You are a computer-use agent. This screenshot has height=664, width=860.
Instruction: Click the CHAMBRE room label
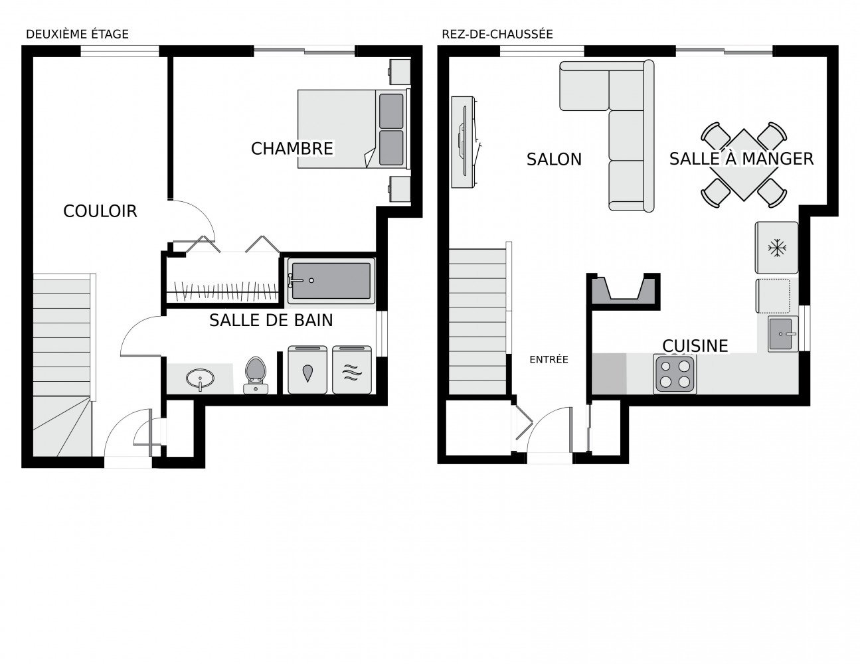[292, 149]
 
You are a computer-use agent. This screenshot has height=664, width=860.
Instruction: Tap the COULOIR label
[100, 211]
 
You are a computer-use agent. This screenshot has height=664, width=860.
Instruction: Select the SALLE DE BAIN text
[271, 320]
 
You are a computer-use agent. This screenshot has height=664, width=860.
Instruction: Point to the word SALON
[554, 159]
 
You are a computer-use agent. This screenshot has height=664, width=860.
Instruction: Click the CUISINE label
[695, 346]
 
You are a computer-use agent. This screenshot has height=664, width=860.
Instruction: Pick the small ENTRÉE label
[549, 359]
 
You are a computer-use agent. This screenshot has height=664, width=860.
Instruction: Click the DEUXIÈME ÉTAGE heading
[77, 35]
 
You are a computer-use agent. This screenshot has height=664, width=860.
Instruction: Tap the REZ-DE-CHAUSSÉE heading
[497, 35]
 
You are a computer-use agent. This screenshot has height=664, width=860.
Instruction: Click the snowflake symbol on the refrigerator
[777, 248]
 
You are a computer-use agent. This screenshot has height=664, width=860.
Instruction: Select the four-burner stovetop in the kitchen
[675, 374]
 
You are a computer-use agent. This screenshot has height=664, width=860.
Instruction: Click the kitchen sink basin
[780, 333]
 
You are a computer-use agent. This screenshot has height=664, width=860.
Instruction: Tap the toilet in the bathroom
[256, 374]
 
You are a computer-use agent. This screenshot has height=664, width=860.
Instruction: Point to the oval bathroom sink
[201, 378]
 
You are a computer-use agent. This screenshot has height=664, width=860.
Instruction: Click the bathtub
[331, 281]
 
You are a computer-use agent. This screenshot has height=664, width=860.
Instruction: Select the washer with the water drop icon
[307, 370]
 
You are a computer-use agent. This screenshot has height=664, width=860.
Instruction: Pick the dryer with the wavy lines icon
[352, 370]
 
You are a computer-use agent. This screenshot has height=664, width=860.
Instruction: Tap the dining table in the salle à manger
[744, 165]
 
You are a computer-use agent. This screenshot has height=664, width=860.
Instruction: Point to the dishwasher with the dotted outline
[773, 296]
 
